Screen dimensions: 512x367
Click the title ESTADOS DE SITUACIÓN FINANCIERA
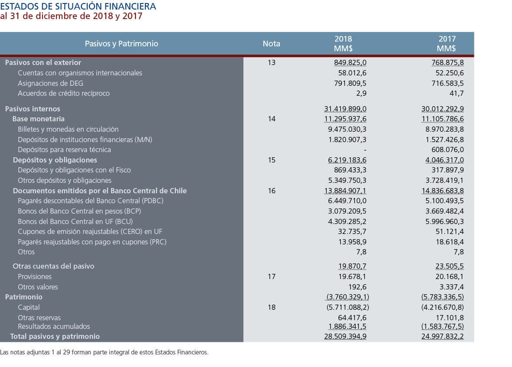78,6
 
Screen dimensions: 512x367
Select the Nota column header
271,44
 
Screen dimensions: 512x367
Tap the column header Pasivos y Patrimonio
121,44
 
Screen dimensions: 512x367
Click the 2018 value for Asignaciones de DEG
350,83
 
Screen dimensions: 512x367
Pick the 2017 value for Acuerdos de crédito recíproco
456,94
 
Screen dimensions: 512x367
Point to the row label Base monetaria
39,119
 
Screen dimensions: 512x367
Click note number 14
272,119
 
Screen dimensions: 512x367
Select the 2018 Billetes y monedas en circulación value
347,130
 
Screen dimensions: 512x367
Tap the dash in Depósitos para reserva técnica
365,150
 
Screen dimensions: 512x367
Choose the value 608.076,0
448,149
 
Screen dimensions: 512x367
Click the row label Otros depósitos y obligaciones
65,180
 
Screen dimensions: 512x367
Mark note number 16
272,191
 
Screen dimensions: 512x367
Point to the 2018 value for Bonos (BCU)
347,222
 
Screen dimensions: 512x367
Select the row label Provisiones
35,276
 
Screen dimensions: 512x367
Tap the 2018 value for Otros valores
358,287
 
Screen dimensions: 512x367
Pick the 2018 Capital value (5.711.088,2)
348,307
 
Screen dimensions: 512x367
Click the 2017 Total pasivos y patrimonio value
443,336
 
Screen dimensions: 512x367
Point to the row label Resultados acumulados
54,326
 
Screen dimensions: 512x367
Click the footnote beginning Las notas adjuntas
104,352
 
